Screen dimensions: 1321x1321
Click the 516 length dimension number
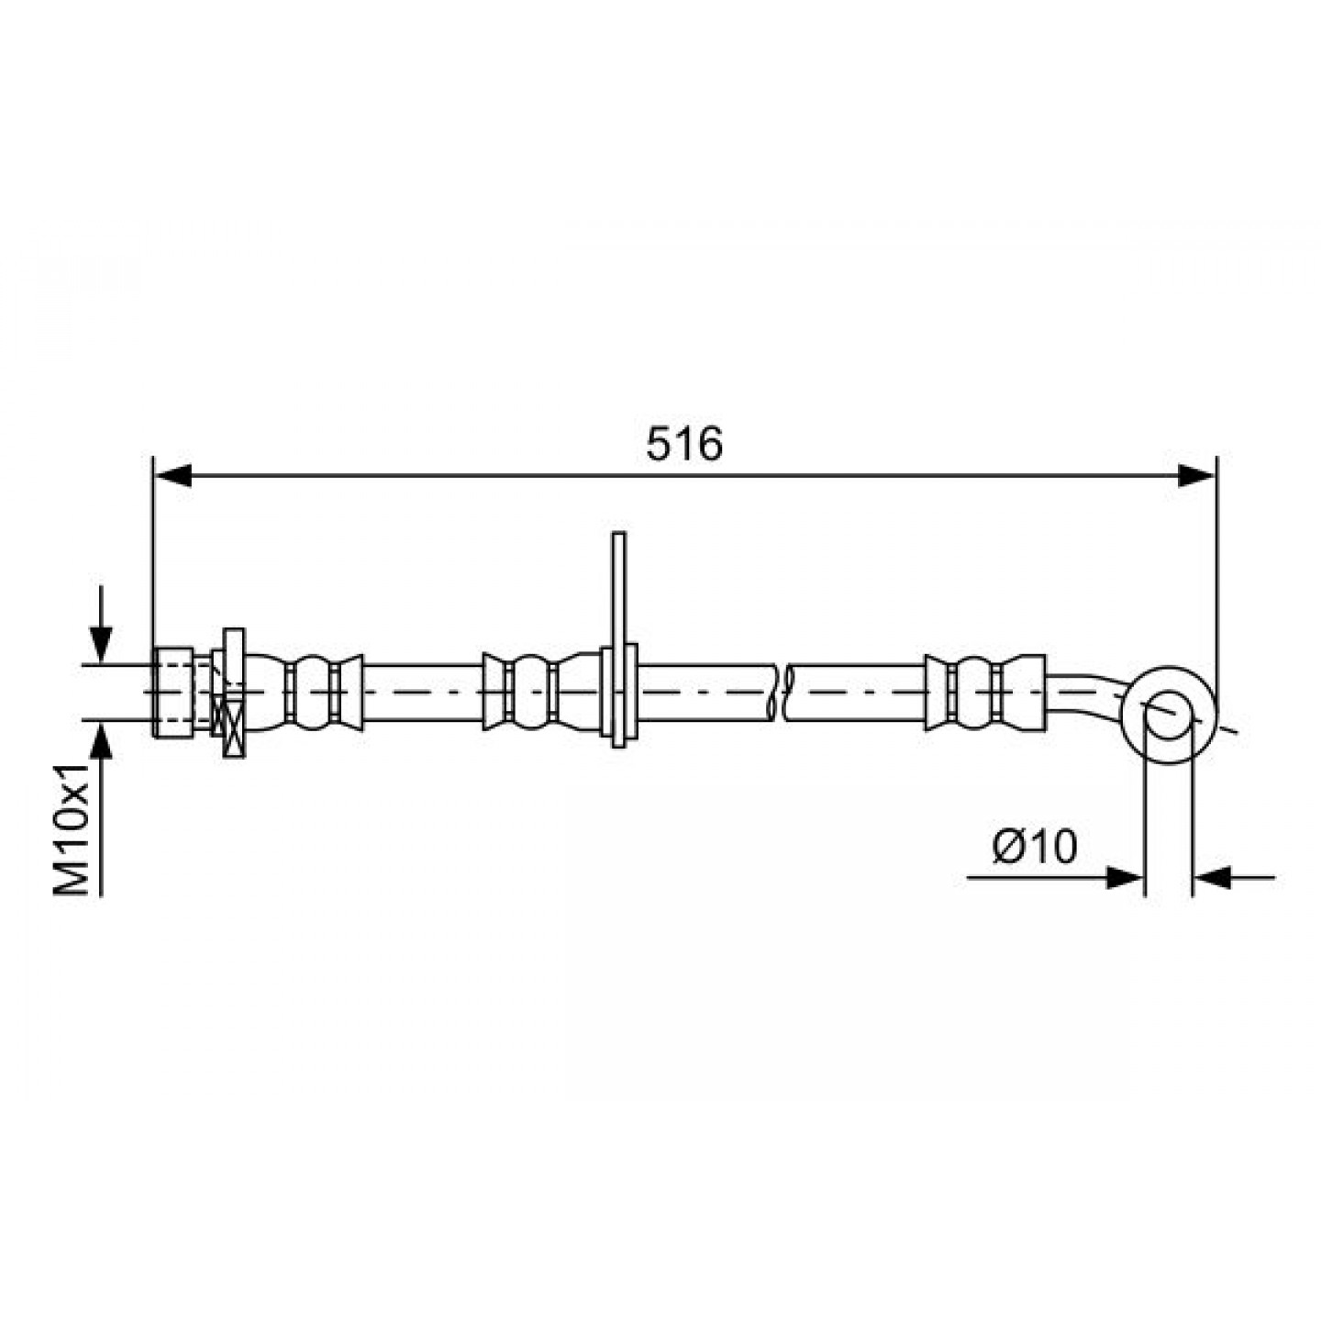[x=683, y=443]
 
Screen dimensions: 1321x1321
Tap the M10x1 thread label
[x=72, y=827]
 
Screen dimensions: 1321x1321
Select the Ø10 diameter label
[x=1035, y=847]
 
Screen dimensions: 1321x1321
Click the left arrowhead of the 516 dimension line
[x=172, y=475]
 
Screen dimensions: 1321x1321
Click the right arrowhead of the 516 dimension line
[x=1195, y=475]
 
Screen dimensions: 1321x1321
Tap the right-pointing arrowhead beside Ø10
[x=1125, y=877]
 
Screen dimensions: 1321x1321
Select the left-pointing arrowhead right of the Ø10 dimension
[x=1212, y=877]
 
